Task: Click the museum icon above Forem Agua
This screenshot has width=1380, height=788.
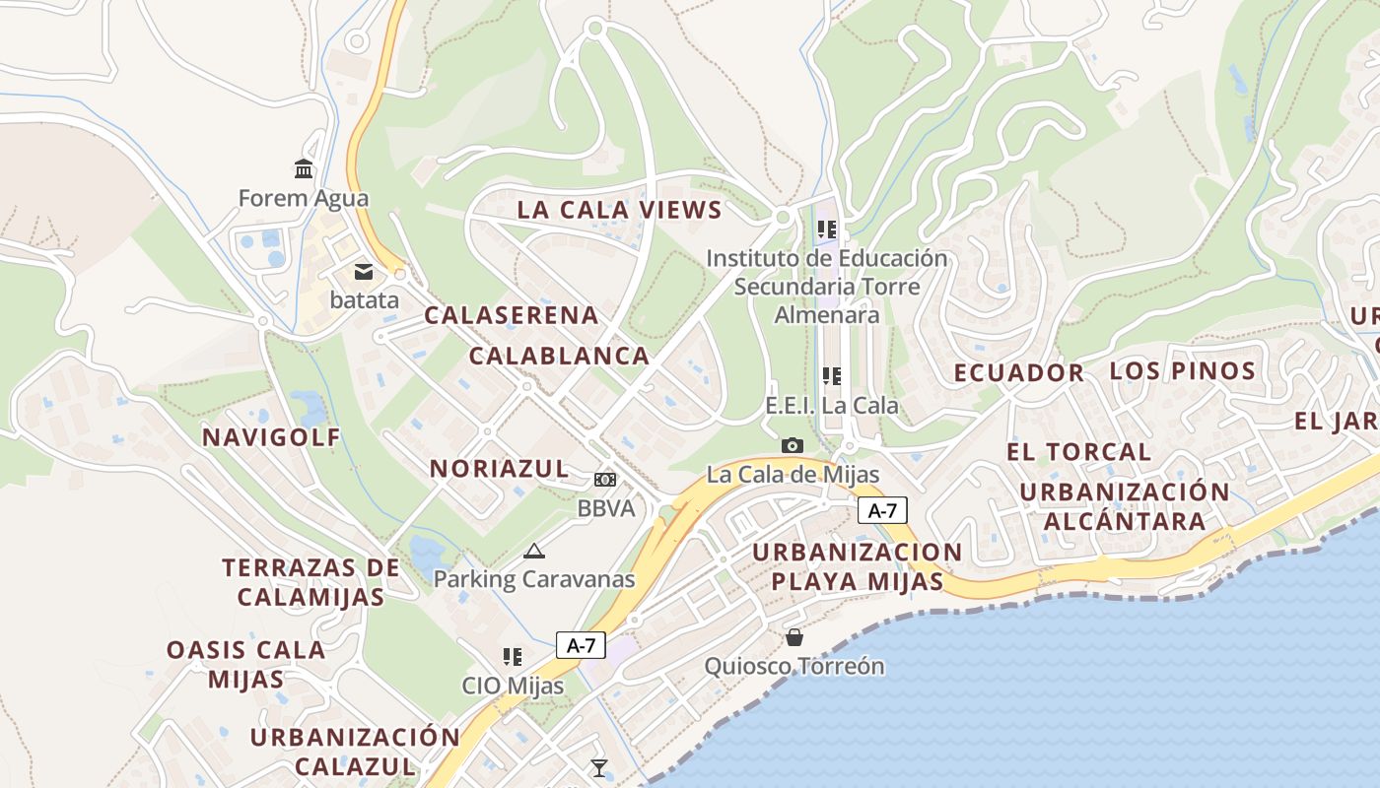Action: pyautogui.click(x=304, y=168)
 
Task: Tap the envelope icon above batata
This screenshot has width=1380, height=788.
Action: pyautogui.click(x=364, y=271)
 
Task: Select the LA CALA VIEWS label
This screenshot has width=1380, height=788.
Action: pyautogui.click(x=620, y=210)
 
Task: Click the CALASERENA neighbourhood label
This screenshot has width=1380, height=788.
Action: pyautogui.click(x=512, y=315)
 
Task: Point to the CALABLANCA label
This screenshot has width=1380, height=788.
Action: pyautogui.click(x=559, y=356)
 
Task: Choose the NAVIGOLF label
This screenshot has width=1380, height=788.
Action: pyautogui.click(x=271, y=437)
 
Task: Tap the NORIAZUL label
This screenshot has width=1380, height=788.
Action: pyautogui.click(x=499, y=468)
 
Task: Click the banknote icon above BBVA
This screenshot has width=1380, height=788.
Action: pyautogui.click(x=605, y=480)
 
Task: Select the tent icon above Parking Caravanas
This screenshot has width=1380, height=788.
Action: pyautogui.click(x=534, y=551)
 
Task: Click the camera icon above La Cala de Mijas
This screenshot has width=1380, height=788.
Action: pyautogui.click(x=793, y=446)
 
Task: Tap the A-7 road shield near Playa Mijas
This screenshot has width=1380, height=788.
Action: pyautogui.click(x=882, y=510)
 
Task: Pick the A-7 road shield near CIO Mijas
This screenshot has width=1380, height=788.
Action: pyautogui.click(x=581, y=645)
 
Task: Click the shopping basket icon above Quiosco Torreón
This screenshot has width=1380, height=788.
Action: pyautogui.click(x=793, y=637)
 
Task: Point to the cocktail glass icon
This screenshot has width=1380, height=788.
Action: pyautogui.click(x=598, y=767)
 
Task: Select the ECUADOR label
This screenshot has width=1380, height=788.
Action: pyautogui.click(x=1019, y=373)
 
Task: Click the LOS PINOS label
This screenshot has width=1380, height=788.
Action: pyautogui.click(x=1182, y=371)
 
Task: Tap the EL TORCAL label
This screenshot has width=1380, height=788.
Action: pyautogui.click(x=1078, y=452)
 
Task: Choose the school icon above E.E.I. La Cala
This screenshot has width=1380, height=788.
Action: pyautogui.click(x=832, y=375)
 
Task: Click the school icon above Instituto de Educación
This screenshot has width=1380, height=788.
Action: pyautogui.click(x=827, y=230)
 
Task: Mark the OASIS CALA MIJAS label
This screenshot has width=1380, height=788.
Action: pyautogui.click(x=245, y=664)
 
